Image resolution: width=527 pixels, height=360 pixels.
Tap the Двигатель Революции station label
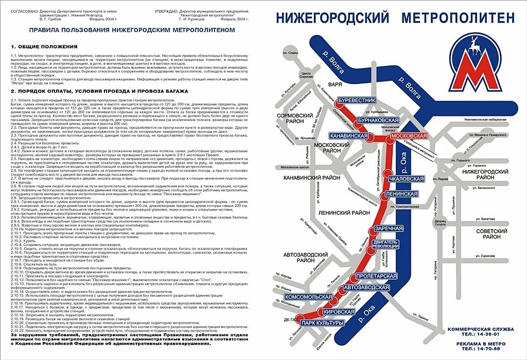[x=385, y=244]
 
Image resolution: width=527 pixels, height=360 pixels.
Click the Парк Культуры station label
[x=322, y=323]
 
